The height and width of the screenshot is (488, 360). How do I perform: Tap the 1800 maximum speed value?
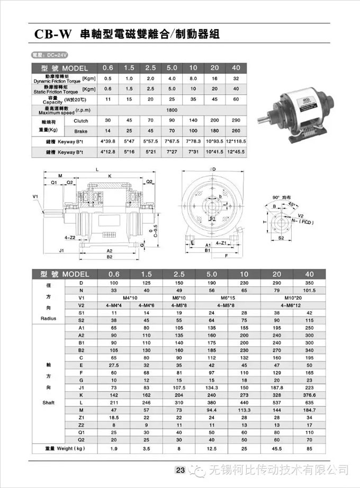pos(172,110)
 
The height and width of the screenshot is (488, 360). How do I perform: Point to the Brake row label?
pos(81,130)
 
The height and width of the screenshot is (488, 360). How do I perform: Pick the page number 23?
pos(180,470)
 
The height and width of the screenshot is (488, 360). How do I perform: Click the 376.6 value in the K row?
pos(310,395)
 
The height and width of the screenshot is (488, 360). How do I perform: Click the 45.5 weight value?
pos(276,449)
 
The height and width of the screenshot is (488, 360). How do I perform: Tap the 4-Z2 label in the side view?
pos(69,238)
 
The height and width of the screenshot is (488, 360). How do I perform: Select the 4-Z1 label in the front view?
pos(222,243)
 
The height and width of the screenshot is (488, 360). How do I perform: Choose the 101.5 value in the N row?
pos(310,290)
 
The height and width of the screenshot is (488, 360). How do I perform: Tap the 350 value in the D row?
pos(310,282)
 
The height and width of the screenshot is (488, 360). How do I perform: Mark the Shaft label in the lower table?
pos(48,402)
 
